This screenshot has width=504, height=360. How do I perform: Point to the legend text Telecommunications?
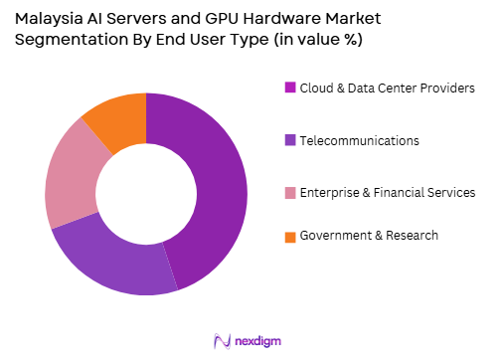point(360,140)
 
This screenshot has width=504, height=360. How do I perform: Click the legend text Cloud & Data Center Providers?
point(388,88)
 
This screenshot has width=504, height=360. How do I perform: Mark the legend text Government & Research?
point(369,236)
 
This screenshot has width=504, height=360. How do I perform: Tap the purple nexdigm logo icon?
point(223,339)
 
